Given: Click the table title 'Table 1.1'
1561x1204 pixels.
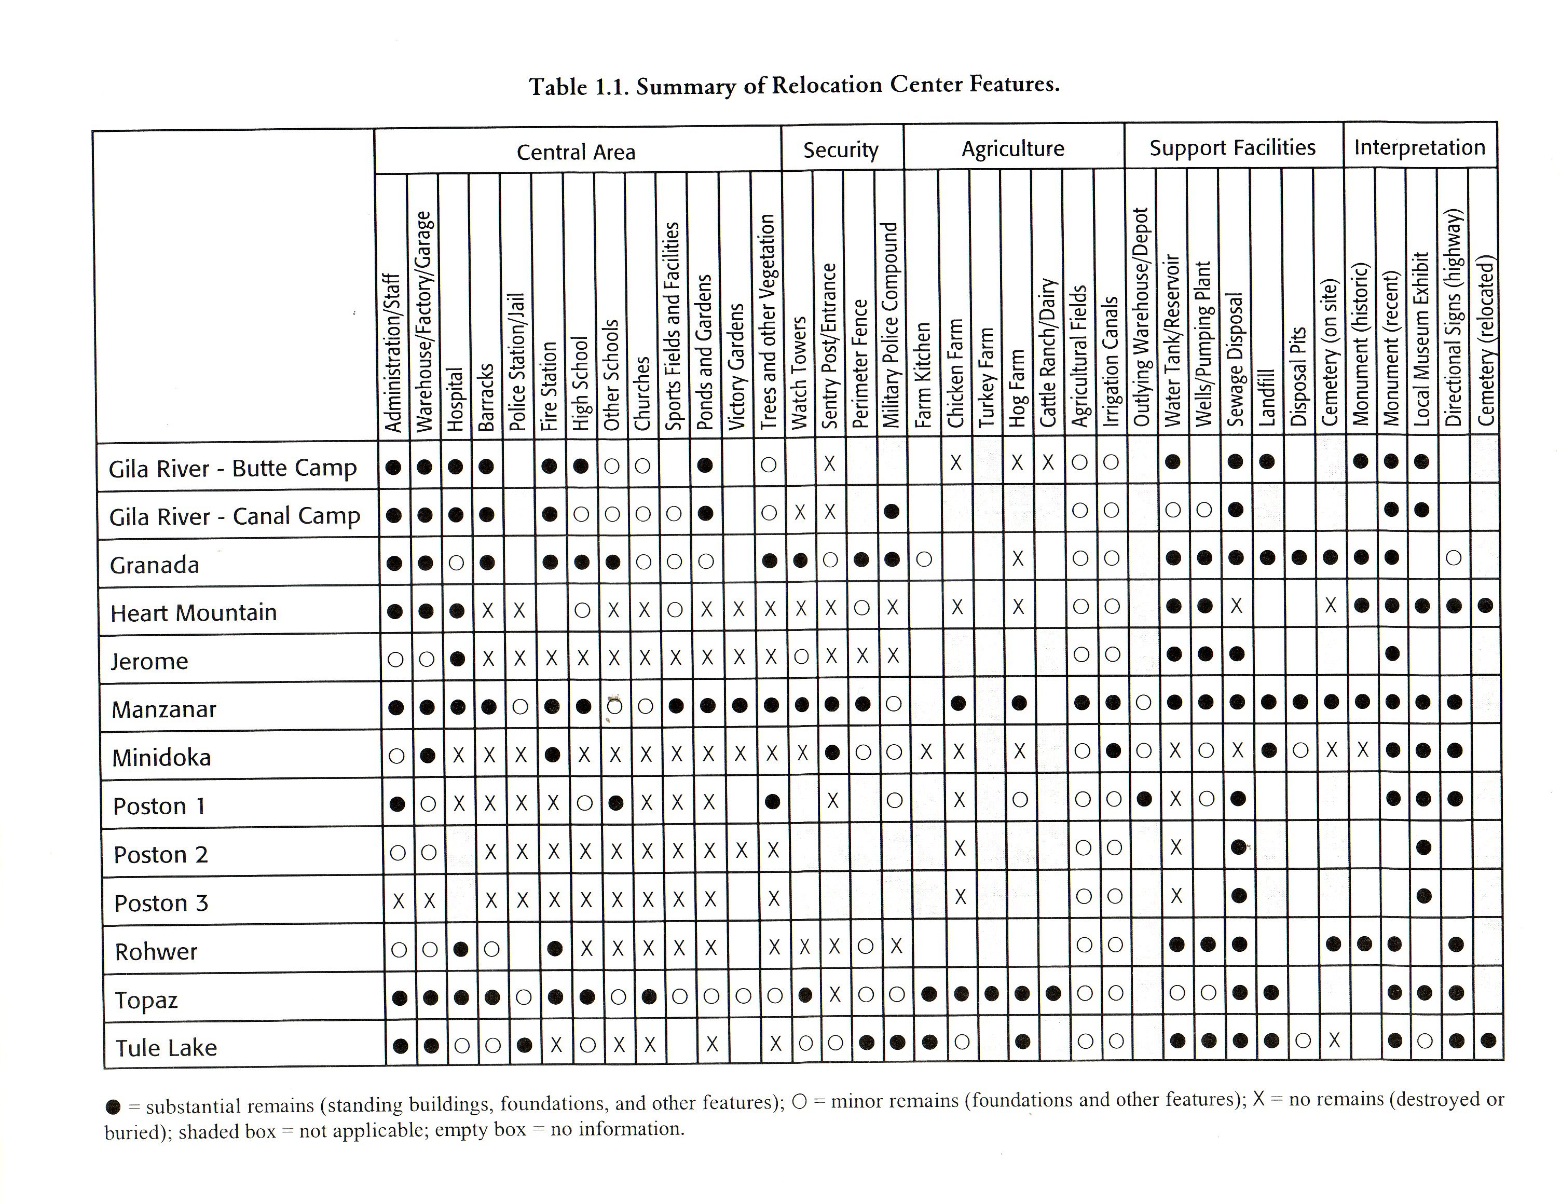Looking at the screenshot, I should tap(793, 86).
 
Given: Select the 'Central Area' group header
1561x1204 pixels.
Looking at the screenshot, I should tap(576, 152).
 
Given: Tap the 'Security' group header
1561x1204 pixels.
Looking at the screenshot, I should tap(841, 150).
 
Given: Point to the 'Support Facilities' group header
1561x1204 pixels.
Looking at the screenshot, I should tap(1231, 148).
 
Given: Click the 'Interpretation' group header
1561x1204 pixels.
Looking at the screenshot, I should tap(1419, 147).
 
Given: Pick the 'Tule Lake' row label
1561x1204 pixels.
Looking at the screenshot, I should tap(166, 1047).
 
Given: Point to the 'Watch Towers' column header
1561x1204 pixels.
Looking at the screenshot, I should tap(799, 372).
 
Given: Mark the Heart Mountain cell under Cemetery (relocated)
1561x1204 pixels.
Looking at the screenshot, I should tap(1485, 606).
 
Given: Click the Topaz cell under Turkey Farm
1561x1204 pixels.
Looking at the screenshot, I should tap(991, 993).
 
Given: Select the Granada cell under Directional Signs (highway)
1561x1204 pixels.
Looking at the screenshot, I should tap(1453, 558).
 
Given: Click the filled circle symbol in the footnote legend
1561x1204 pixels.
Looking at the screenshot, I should tap(113, 1107).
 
